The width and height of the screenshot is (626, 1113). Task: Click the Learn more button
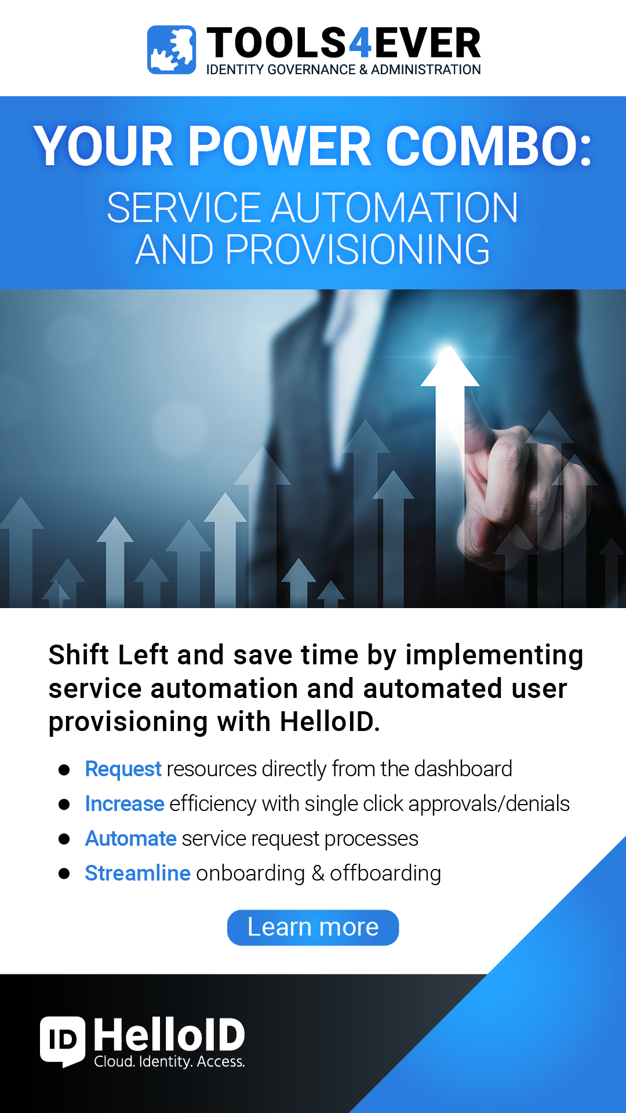click(313, 927)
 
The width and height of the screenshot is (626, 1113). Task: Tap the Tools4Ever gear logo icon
click(172, 50)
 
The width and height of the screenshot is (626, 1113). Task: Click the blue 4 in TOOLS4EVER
click(360, 43)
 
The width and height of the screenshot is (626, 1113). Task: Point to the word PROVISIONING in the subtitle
click(358, 250)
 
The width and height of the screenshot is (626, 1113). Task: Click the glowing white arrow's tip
click(449, 347)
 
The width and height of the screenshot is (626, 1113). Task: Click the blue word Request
click(123, 769)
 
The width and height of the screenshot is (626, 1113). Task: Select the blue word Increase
click(125, 804)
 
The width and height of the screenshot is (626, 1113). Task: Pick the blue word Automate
click(131, 839)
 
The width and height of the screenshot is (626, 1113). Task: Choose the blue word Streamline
click(138, 874)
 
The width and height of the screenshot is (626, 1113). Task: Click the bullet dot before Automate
click(64, 839)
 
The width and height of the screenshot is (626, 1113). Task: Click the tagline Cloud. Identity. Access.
click(170, 1062)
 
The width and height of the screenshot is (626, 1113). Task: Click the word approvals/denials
click(489, 804)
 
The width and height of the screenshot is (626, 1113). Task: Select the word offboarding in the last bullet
click(385, 874)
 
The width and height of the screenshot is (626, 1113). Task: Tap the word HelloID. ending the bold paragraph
click(330, 722)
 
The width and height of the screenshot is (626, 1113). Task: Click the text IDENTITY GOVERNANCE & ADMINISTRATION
click(344, 70)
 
